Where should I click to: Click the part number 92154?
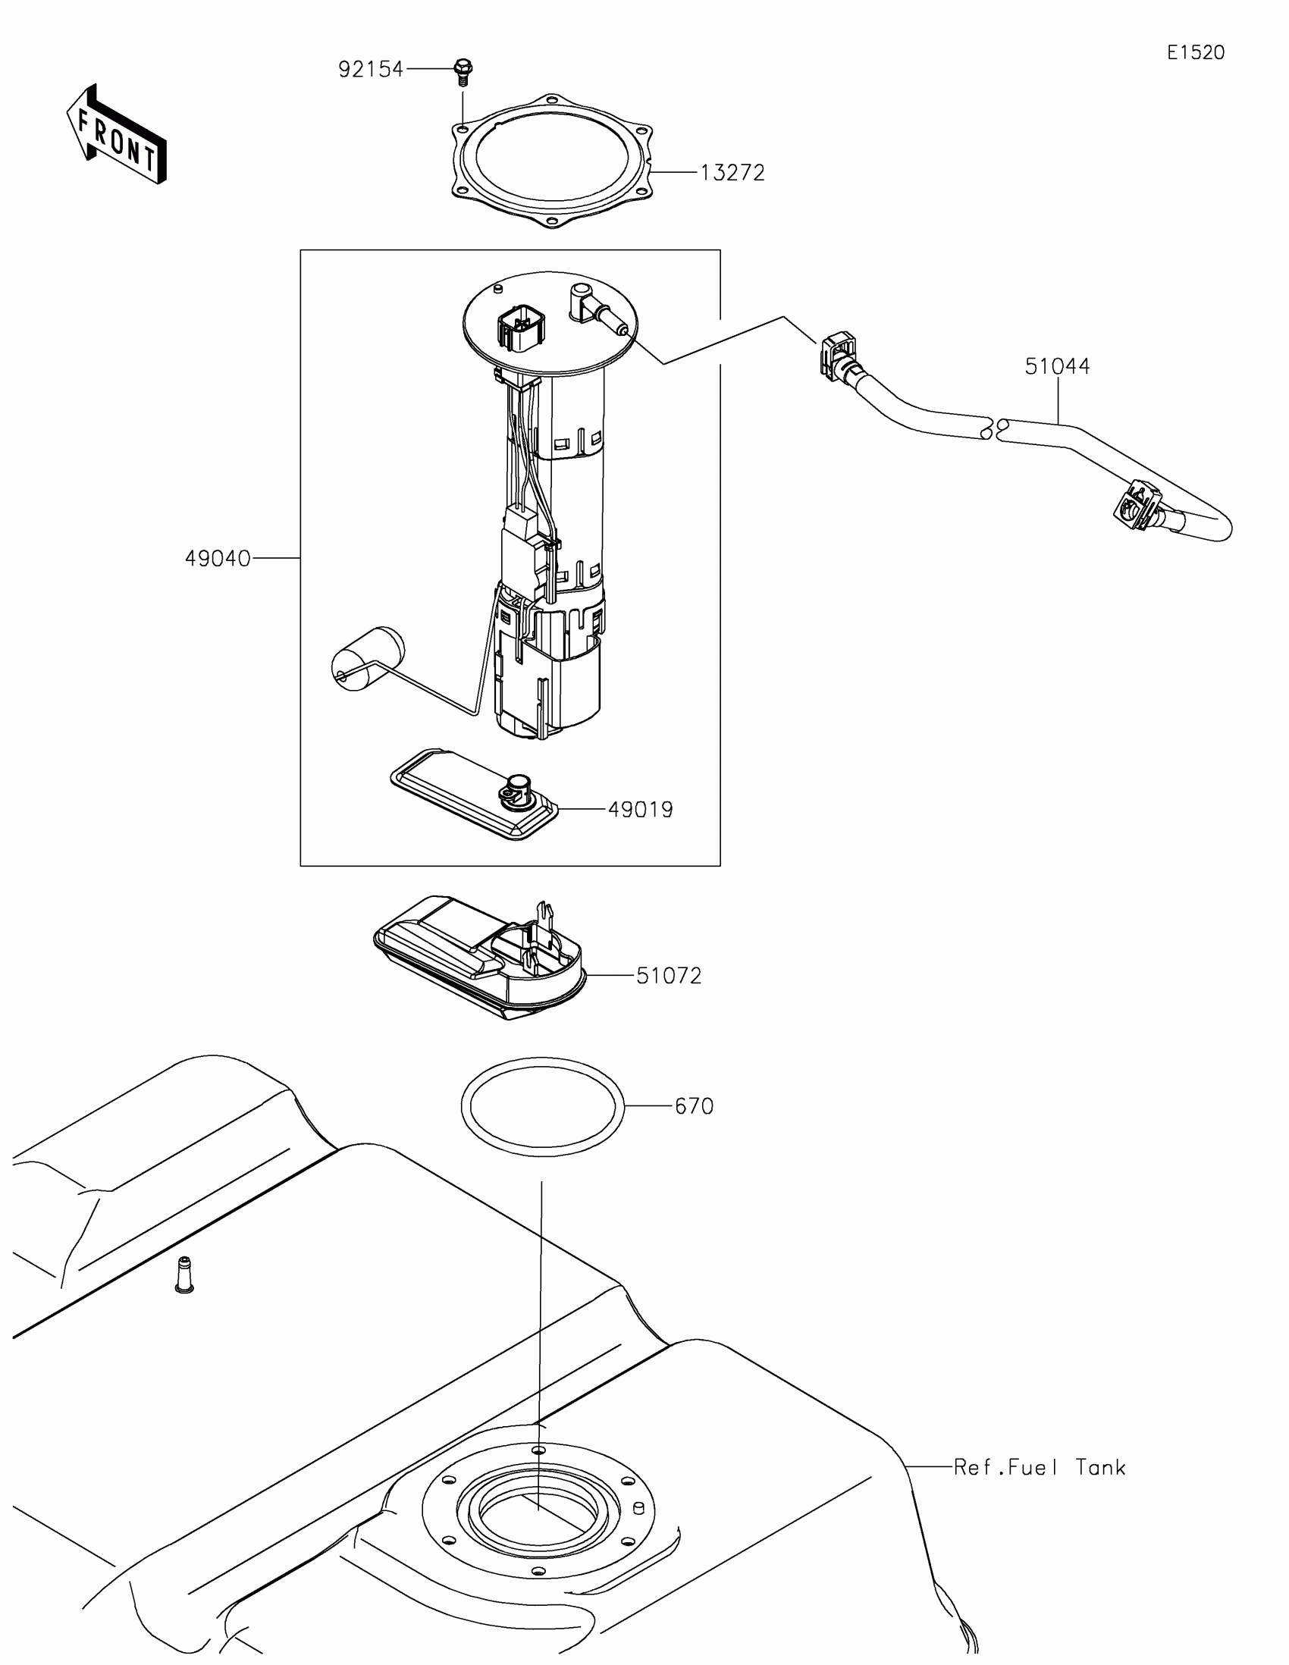(x=371, y=71)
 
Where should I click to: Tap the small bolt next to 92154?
(x=463, y=72)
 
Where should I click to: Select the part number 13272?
(x=732, y=173)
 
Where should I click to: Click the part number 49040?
(x=218, y=559)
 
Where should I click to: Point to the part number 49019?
(x=640, y=810)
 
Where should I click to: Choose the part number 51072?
(x=669, y=976)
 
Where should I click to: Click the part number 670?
(x=694, y=1106)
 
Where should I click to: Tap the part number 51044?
(x=1056, y=367)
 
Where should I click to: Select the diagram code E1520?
(x=1195, y=52)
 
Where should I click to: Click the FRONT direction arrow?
(x=116, y=135)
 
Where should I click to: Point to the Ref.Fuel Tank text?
(x=1039, y=1468)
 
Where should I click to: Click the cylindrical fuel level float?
(x=368, y=660)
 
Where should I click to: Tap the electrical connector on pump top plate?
(x=520, y=328)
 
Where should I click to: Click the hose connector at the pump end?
(x=837, y=353)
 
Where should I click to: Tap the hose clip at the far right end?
(x=1135, y=505)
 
